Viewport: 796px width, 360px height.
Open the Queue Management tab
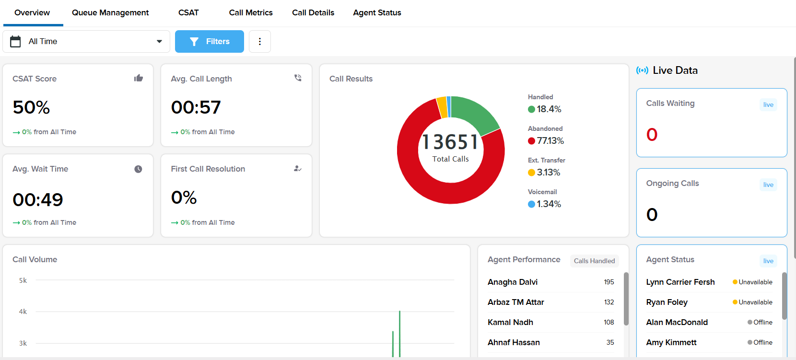click(x=110, y=13)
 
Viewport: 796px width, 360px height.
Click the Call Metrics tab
click(x=251, y=13)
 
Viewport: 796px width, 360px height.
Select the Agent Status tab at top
click(x=377, y=13)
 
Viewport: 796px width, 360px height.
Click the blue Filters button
click(x=210, y=42)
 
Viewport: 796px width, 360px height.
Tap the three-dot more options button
click(x=260, y=42)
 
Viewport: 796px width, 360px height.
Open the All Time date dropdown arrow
click(x=159, y=42)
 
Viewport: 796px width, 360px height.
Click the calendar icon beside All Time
click(x=15, y=42)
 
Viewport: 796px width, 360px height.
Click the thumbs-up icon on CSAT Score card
click(x=139, y=78)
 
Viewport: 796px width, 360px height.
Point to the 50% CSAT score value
click(x=31, y=107)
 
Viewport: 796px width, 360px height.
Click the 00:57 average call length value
click(x=196, y=107)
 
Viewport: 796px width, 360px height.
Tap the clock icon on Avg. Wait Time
click(x=138, y=169)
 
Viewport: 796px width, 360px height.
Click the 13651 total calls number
click(x=450, y=142)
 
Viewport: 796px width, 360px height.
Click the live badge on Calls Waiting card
click(x=768, y=105)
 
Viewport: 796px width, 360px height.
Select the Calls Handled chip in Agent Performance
click(x=594, y=261)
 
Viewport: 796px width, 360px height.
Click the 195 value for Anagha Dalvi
click(x=609, y=282)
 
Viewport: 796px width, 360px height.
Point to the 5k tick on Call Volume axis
click(x=23, y=280)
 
